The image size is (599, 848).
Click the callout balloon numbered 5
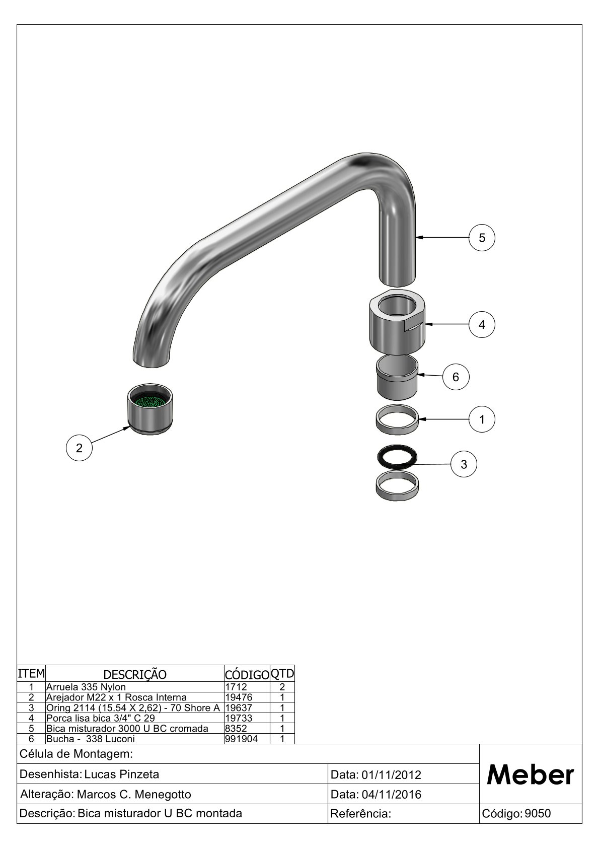[x=482, y=238]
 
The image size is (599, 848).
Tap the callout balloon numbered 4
[x=482, y=324]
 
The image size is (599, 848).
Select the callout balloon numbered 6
[x=456, y=377]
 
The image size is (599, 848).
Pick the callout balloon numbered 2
[x=79, y=448]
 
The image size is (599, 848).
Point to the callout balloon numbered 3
[x=464, y=464]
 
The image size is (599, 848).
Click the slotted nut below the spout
[x=397, y=322]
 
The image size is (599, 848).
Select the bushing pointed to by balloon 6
[x=397, y=378]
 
